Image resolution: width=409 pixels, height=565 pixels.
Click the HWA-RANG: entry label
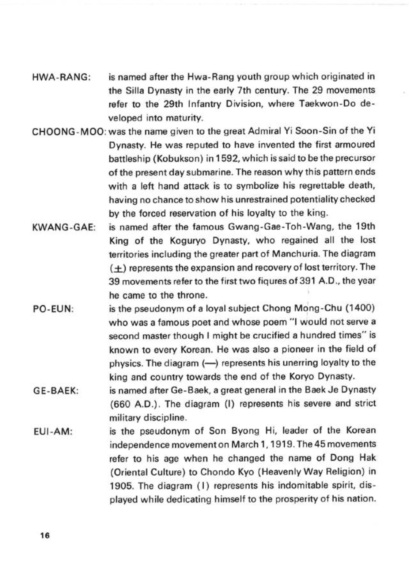pyautogui.click(x=61, y=77)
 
